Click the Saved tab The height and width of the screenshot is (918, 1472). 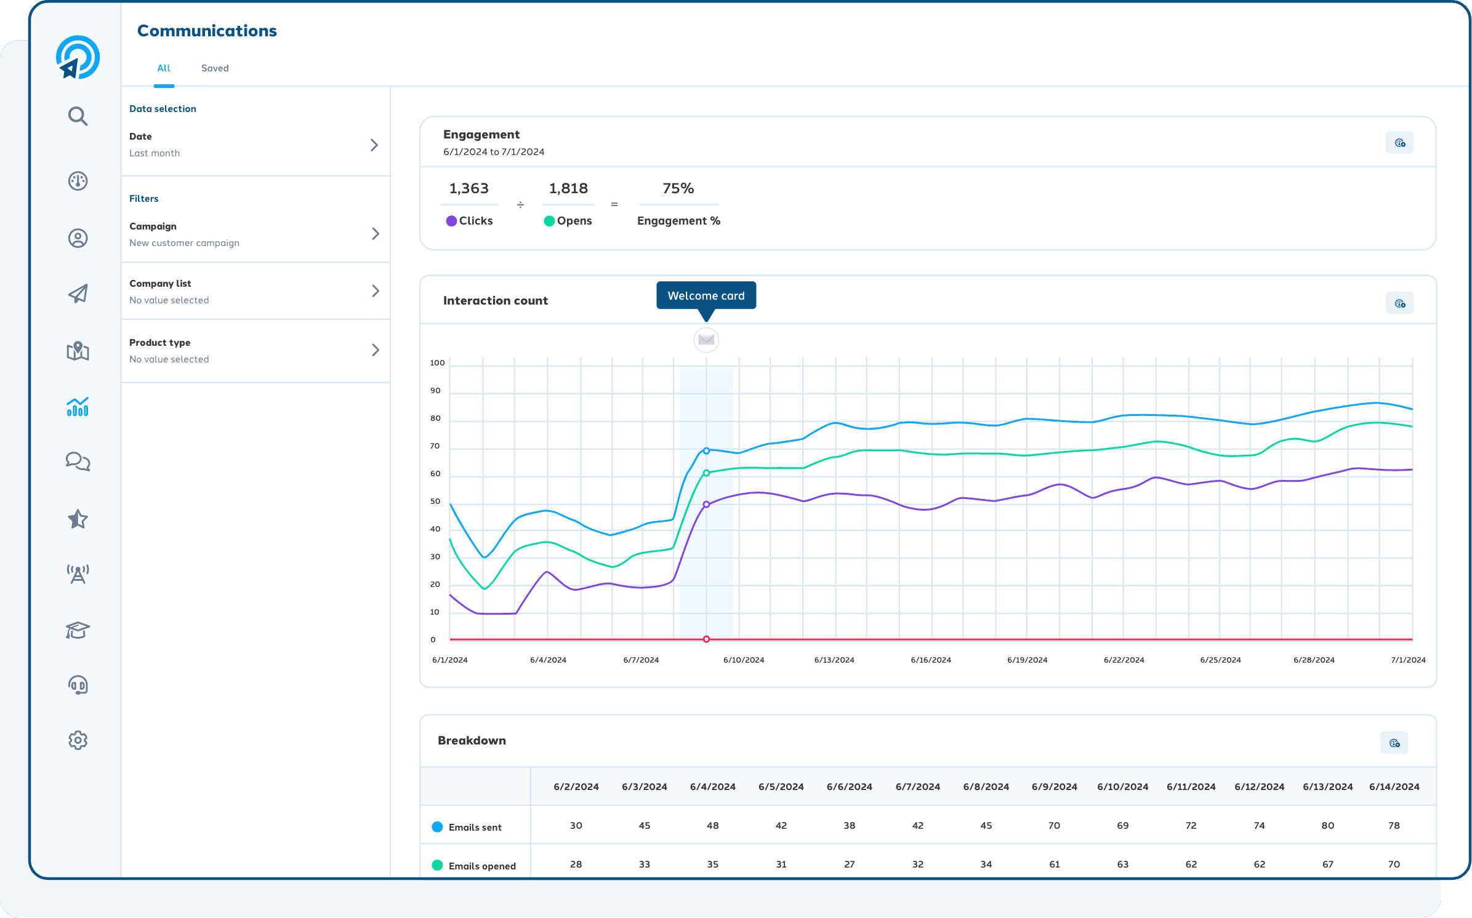[215, 68]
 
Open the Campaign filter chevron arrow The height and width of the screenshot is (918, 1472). [375, 234]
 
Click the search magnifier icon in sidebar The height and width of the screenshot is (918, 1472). [78, 116]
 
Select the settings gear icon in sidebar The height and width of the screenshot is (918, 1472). [78, 740]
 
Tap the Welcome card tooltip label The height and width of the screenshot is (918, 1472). [706, 296]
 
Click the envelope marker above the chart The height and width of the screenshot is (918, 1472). [706, 340]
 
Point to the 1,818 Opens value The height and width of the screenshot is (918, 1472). [568, 188]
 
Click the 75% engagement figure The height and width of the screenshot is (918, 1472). [678, 188]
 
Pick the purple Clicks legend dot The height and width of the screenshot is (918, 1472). [451, 221]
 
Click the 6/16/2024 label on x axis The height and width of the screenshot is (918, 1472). [930, 660]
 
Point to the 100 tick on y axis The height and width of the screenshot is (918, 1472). [437, 363]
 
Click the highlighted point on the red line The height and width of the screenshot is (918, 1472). [706, 639]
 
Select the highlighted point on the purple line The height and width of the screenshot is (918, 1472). [706, 505]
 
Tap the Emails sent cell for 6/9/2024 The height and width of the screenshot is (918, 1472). [1054, 826]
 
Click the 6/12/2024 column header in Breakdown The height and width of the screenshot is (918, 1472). [1259, 787]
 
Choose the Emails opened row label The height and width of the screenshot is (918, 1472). [481, 866]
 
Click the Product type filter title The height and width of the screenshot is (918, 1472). [159, 343]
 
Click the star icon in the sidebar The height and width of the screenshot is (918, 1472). [78, 519]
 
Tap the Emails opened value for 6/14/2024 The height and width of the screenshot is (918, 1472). [1394, 864]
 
